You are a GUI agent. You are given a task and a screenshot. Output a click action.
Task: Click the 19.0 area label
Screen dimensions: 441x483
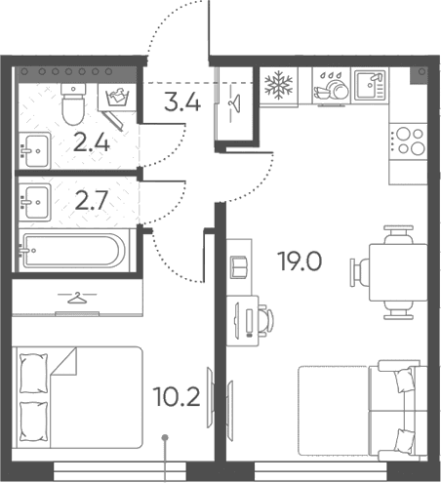coord(300,262)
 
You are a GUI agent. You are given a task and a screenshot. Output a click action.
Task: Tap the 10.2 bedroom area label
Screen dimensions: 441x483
coord(178,397)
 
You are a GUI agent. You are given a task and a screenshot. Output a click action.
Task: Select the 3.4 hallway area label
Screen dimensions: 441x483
coord(182,101)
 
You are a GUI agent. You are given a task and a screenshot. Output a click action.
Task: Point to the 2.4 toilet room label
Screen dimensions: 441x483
coord(92,143)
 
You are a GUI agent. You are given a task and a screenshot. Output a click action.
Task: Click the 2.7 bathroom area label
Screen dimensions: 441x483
coord(92,200)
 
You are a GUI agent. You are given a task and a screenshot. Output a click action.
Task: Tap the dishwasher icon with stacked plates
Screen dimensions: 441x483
coord(332,87)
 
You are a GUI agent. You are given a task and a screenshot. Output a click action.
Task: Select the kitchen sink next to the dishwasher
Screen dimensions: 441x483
coord(370,86)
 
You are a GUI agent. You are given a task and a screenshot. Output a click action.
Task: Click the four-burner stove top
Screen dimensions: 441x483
coord(408,141)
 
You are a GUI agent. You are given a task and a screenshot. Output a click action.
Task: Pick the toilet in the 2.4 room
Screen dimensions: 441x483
coord(73,103)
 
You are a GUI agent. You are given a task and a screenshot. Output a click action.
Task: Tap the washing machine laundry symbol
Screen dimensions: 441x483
coord(117,97)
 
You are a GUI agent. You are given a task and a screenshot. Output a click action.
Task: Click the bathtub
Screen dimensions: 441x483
coord(72,251)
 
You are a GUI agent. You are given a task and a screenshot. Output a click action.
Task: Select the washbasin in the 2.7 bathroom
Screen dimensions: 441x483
coord(35,202)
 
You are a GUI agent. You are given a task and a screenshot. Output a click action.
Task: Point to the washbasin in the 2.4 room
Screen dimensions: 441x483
coord(35,150)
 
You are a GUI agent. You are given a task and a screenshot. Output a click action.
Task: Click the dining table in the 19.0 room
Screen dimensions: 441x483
coord(398,272)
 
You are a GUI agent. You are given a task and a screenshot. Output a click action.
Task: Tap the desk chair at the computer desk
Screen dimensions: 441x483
coord(266,320)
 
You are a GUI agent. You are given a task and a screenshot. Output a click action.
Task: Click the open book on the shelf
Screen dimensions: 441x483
coord(239,266)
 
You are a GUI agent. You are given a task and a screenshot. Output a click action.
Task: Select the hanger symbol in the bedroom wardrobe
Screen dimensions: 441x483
coord(77,298)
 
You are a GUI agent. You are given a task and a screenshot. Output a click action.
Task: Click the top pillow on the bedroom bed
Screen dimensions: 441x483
coord(33,374)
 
